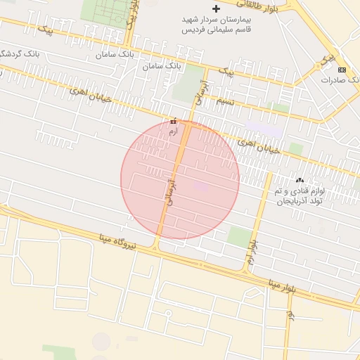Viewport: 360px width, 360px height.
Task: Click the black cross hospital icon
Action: click(x=216, y=8)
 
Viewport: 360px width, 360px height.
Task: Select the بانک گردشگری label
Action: click(x=14, y=53)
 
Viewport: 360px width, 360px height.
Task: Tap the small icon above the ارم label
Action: click(x=174, y=122)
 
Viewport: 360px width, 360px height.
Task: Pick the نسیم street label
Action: click(x=224, y=101)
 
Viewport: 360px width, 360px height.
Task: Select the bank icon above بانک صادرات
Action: click(x=342, y=70)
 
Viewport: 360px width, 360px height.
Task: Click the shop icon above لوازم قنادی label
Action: click(x=300, y=180)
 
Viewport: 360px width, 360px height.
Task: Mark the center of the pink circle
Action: click(x=180, y=180)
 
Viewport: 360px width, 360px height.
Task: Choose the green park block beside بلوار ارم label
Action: click(x=240, y=237)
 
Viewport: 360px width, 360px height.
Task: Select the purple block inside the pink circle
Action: click(x=202, y=186)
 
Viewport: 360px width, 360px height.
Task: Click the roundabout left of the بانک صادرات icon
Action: click(x=325, y=61)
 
